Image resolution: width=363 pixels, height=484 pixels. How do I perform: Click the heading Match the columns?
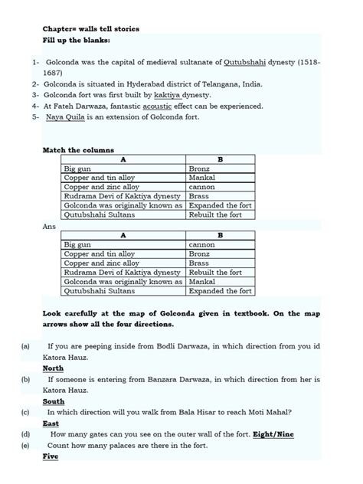pyautogui.click(x=78, y=150)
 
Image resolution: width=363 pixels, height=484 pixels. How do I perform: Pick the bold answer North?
pyautogui.click(x=54, y=368)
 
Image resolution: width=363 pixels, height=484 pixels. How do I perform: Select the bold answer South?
pyautogui.click(x=54, y=401)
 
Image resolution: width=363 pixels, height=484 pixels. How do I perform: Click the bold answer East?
pyautogui.click(x=51, y=423)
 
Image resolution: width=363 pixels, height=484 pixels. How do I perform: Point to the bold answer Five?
pyautogui.click(x=51, y=456)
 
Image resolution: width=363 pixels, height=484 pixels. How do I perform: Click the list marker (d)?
pyautogui.click(x=26, y=433)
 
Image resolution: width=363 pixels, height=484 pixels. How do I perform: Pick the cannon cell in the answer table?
pyautogui.click(x=201, y=245)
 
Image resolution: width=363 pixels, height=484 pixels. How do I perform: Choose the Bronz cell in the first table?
pyautogui.click(x=201, y=168)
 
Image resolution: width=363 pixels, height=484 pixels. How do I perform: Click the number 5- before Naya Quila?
pyautogui.click(x=35, y=118)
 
